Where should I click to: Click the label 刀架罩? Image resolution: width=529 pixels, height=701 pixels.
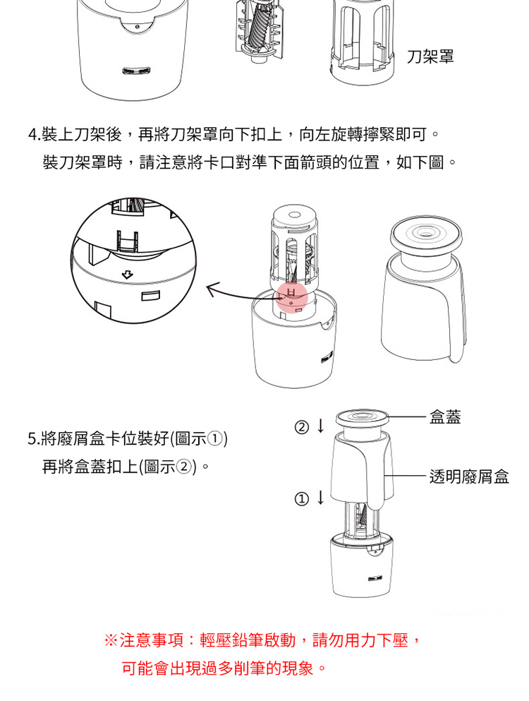(430, 56)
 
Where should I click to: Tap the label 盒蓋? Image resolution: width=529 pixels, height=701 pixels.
(445, 417)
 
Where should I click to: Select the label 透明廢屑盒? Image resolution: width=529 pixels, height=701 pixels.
(469, 477)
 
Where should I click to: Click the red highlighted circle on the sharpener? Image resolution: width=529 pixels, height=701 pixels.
(291, 297)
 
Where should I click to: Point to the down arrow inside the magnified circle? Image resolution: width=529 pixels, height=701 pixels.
(128, 275)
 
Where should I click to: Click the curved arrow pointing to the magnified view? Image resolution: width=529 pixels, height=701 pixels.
(241, 293)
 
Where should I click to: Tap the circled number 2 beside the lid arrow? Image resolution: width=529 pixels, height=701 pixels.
(302, 427)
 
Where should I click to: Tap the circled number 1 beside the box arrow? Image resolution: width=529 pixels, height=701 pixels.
(302, 498)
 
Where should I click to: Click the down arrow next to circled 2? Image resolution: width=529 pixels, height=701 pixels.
(320, 426)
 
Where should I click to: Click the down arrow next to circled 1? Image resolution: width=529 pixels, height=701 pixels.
(320, 497)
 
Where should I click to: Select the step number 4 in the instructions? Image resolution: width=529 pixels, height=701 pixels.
(32, 134)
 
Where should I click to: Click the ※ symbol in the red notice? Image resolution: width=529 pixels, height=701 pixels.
(110, 640)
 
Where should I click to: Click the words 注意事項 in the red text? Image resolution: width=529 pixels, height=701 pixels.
(152, 640)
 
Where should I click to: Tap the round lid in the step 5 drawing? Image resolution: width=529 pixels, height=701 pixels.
(361, 418)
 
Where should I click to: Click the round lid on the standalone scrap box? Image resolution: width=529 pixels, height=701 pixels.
(426, 234)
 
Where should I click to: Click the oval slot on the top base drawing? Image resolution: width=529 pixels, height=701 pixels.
(137, 71)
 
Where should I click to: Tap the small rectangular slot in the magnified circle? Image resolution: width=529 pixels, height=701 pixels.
(150, 296)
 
